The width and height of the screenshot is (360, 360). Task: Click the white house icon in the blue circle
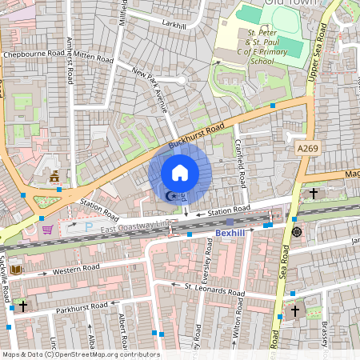[x=180, y=172]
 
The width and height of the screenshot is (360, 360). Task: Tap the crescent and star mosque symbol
[x=170, y=195]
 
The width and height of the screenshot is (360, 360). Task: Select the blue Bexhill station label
[x=233, y=233]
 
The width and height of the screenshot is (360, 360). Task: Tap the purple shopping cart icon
[x=47, y=230]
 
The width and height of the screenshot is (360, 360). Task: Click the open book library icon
[x=15, y=270]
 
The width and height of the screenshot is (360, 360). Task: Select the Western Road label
[x=77, y=268]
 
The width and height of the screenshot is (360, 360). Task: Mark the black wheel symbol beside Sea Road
[x=297, y=232]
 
